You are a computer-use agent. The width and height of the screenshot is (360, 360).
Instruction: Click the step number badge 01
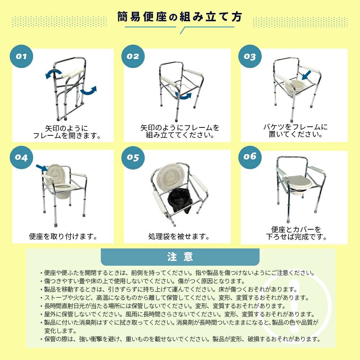pos(21,56)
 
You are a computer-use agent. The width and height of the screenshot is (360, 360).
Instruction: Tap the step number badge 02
pos(133,56)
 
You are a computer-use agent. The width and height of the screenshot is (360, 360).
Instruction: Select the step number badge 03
pos(250,56)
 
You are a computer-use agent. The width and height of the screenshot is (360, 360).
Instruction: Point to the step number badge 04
pos(21,158)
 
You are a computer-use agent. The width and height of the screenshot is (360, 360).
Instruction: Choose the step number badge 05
pos(133,158)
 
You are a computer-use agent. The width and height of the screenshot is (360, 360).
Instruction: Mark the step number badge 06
pos(250,157)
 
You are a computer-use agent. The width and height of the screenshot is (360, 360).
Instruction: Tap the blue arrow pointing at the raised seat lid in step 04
pos(42,168)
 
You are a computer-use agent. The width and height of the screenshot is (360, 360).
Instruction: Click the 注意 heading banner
pos(180,257)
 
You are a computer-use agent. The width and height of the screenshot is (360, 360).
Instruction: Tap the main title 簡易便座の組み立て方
pos(180,17)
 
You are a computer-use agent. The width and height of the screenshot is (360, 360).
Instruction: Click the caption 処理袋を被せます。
pos(179,236)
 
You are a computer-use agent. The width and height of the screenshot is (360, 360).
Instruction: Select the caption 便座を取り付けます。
pos(63,236)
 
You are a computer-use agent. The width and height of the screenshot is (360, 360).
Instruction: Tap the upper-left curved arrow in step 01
pos(53,73)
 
